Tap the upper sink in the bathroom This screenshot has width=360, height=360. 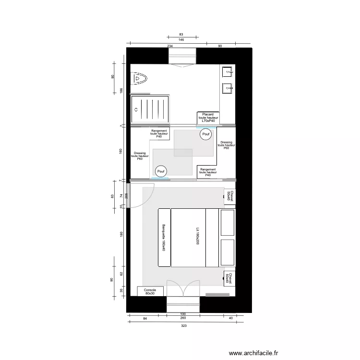tap(227, 72)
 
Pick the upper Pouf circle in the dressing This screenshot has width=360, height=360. tap(206, 135)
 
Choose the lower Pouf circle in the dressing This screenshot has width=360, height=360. tap(161, 171)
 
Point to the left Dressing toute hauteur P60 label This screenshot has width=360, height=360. tap(140, 156)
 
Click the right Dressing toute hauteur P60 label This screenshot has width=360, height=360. tap(226, 145)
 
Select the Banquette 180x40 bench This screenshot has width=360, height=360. tap(164, 238)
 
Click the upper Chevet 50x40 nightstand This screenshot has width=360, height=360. tap(229, 196)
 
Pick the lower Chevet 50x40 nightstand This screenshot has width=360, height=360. tap(229, 279)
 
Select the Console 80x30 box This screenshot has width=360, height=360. tap(150, 291)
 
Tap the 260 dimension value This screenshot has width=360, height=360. tap(183, 317)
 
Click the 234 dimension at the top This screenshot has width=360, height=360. tap(170, 46)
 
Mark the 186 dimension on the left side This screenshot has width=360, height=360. tap(121, 90)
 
